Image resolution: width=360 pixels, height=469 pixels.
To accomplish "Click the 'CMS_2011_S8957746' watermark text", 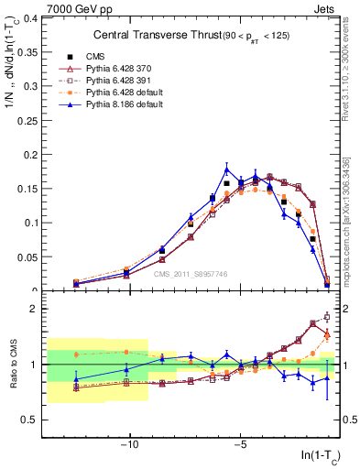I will pyautogui.click(x=191, y=274).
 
